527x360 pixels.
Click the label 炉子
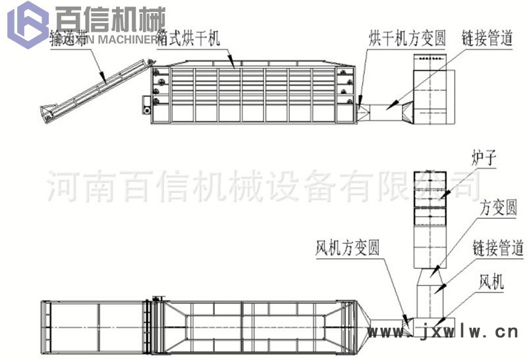pos(483,159)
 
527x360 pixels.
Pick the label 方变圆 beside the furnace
pos(499,208)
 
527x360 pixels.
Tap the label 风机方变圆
pos(347,249)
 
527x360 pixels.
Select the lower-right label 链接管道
pos(497,249)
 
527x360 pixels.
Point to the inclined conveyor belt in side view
pos(99,86)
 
